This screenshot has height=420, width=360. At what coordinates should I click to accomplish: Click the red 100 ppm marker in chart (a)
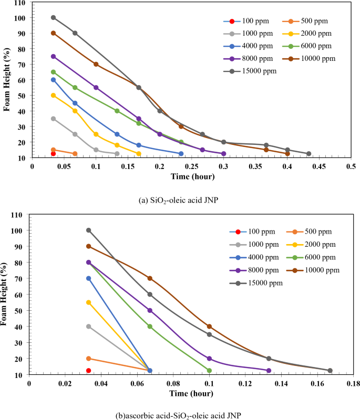pos(53,154)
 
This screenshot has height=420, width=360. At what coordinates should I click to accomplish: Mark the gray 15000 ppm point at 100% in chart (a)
pos(53,17)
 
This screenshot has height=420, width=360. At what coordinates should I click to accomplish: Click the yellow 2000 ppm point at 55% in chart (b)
pos(88,302)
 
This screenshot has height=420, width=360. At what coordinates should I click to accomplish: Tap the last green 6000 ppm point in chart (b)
pos(209,371)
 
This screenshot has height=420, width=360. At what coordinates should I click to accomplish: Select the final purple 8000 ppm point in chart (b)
pos(269,371)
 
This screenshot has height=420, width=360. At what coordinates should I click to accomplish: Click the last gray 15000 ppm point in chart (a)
pos(308,154)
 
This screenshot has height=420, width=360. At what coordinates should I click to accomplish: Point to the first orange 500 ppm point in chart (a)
pos(53,150)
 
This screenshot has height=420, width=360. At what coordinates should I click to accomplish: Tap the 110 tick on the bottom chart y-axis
pos(19,215)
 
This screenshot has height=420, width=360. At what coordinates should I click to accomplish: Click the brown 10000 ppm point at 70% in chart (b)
pos(150,278)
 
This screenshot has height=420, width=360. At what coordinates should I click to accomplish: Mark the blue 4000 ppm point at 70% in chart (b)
pos(88,278)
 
